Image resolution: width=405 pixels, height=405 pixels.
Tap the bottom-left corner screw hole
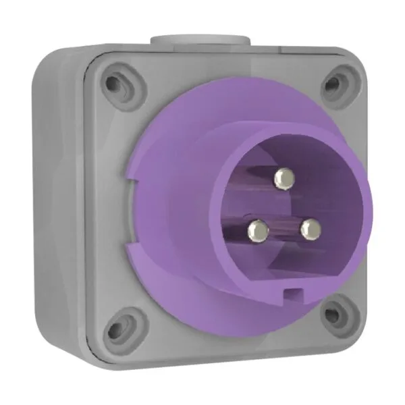(119, 330)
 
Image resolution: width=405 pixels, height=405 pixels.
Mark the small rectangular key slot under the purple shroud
(293, 293)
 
